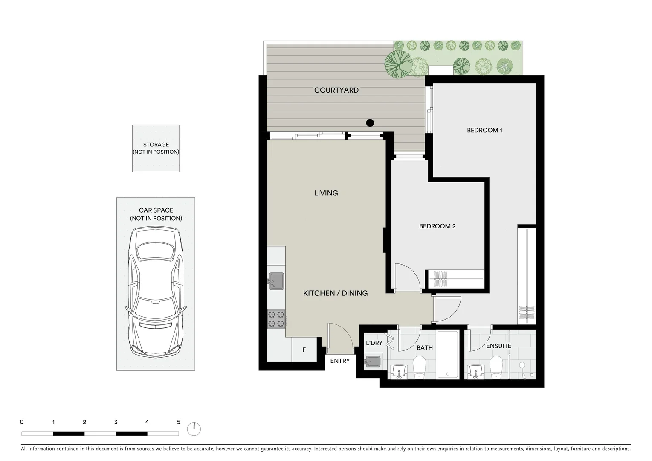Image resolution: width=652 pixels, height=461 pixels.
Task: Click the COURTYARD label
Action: point(336,90)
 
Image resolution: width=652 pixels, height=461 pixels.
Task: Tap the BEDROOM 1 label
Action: point(484,130)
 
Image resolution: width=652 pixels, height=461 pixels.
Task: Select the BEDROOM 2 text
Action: point(437,226)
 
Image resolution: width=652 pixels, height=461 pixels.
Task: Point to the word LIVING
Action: point(326,193)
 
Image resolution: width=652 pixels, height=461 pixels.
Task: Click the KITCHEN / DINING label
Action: point(335,293)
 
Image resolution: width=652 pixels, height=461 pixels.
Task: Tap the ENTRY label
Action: point(340,361)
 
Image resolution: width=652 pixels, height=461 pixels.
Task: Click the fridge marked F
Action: point(304,350)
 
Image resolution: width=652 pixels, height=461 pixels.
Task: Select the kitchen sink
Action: point(276,281)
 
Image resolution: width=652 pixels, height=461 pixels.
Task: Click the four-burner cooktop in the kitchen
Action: point(276,319)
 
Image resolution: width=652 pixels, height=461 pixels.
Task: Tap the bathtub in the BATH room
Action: point(447,354)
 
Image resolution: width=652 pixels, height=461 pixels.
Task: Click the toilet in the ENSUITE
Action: point(497,368)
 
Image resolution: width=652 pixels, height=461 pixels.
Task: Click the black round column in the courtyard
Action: point(370,123)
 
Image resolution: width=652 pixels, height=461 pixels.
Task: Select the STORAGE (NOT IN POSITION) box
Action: point(156,149)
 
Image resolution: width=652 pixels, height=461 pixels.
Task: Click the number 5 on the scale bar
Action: point(178,423)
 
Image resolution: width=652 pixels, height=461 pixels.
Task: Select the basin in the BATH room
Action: point(399,372)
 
